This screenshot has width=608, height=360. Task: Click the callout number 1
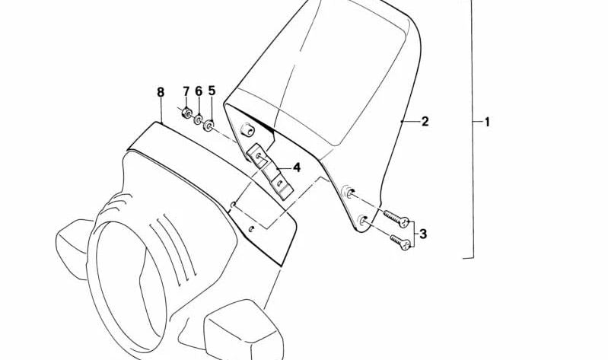[487, 122]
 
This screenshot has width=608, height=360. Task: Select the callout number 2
[425, 122]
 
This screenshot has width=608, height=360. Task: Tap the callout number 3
[423, 234]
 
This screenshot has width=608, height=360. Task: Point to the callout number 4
[297, 167]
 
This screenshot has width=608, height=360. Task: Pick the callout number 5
[212, 91]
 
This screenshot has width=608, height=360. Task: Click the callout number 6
[199, 91]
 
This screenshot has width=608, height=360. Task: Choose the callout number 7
[186, 91]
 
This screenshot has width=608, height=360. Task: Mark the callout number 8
[161, 92]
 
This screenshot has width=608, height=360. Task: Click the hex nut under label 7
[186, 113]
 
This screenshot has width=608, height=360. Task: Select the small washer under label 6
[198, 119]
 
